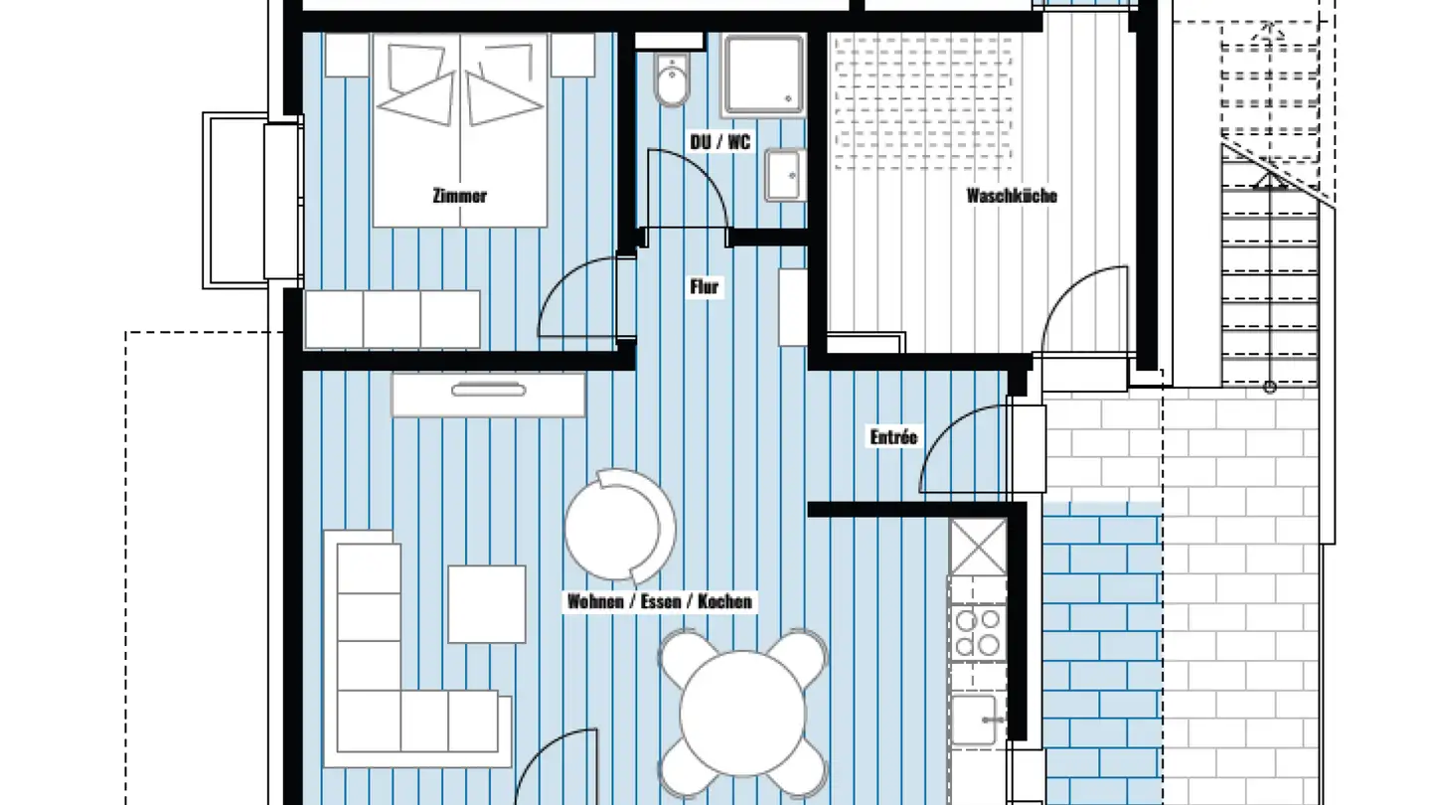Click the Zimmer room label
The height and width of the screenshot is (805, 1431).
click(x=460, y=196)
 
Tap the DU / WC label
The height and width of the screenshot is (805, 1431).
click(x=720, y=142)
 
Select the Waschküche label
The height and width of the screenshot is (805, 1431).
click(x=1012, y=196)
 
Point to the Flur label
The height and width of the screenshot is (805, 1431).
click(x=705, y=287)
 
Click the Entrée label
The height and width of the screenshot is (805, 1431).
click(x=893, y=437)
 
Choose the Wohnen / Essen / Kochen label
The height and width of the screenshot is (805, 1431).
click(x=660, y=601)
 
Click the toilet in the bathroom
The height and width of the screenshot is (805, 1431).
click(x=673, y=80)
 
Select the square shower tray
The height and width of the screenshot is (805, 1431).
click(x=763, y=75)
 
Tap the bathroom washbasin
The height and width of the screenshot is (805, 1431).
click(x=784, y=175)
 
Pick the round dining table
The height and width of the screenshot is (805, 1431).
click(x=743, y=713)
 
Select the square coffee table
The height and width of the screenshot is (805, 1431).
click(x=486, y=604)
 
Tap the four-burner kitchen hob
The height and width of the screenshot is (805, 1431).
click(x=978, y=633)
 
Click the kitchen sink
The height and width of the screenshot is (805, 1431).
click(x=976, y=720)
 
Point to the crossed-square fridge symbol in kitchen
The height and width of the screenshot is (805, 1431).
click(x=978, y=547)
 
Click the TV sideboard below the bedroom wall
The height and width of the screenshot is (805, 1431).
click(x=489, y=394)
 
